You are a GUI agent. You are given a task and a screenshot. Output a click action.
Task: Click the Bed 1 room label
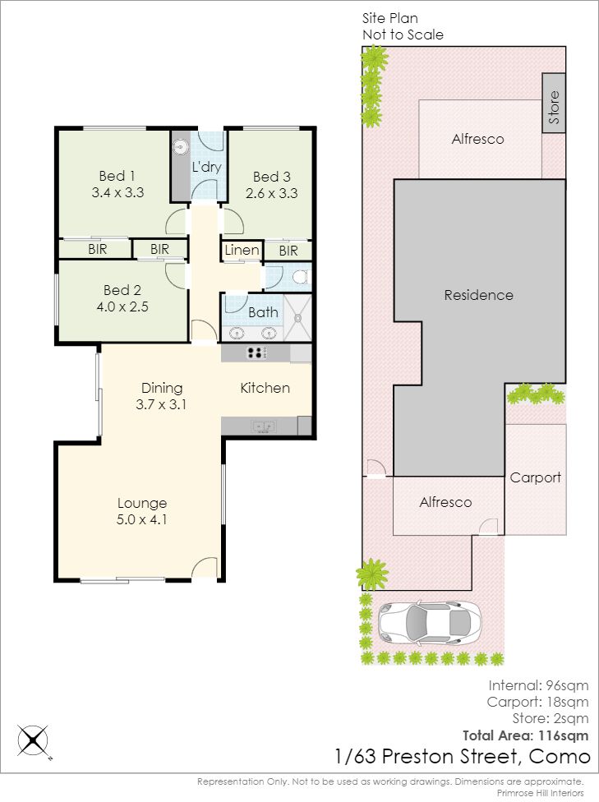[x=117, y=176]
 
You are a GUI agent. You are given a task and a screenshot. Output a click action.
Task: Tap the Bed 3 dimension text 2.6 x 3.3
[x=272, y=193]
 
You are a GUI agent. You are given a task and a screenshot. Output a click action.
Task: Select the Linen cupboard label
[x=242, y=250]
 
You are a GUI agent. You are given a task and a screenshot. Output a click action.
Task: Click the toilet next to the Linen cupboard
[x=299, y=277]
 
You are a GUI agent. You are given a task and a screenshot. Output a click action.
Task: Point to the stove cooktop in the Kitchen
[x=256, y=353]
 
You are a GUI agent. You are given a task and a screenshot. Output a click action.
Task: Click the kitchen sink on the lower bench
[x=263, y=426]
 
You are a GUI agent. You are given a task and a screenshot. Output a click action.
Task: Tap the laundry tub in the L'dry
[x=180, y=148]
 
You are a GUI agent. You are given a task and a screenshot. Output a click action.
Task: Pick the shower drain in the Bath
[x=297, y=318]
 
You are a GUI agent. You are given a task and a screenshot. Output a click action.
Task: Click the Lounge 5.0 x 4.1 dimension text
[x=141, y=519]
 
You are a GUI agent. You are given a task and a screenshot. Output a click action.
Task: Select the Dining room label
[x=162, y=388]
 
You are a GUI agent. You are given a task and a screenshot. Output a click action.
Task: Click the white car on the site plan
[x=429, y=622]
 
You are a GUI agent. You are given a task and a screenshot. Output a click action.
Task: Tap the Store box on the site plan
[x=554, y=104]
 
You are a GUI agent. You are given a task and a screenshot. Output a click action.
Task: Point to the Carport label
[x=536, y=477]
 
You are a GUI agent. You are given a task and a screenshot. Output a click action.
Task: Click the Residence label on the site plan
[x=478, y=295]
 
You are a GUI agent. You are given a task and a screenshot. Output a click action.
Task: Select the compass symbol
[x=34, y=740]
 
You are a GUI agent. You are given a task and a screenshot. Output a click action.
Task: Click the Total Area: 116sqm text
[x=525, y=736]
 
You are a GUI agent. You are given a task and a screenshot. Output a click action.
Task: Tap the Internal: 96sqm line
[x=538, y=685]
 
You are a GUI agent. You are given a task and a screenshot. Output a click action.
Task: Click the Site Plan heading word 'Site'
[x=373, y=18]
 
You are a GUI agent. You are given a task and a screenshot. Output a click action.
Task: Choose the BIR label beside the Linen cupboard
[x=288, y=251]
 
